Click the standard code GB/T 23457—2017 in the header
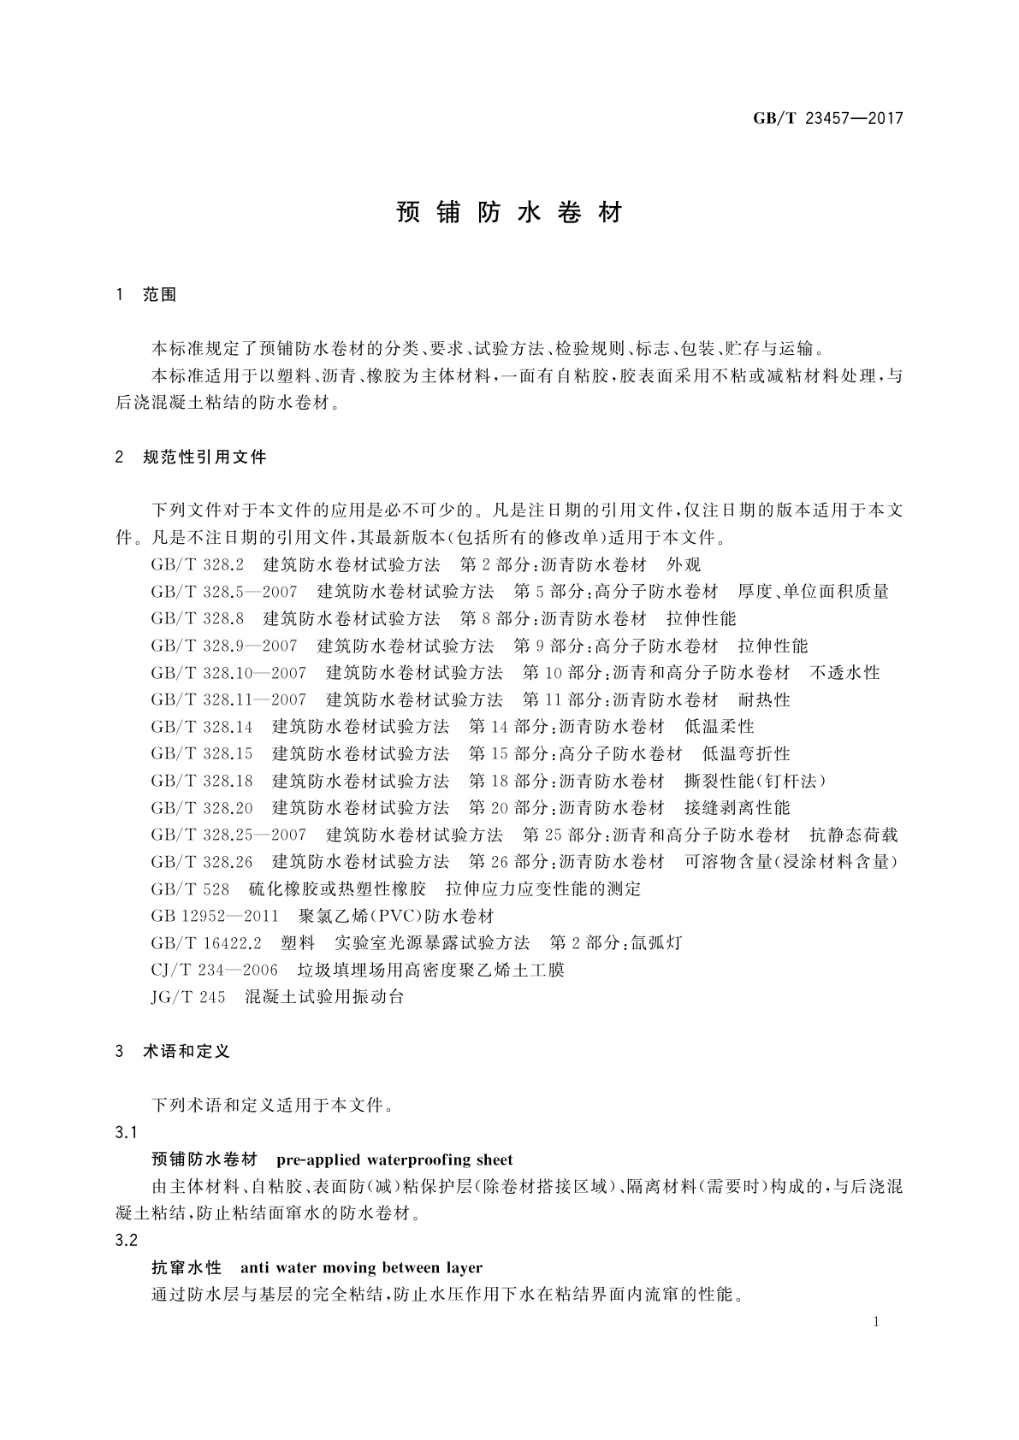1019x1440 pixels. tap(827, 119)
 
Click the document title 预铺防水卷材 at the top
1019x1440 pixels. tap(510, 213)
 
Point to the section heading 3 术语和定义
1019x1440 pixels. tap(173, 1052)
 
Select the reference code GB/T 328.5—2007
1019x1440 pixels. tap(224, 592)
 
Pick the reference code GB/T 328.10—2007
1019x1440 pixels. tap(228, 673)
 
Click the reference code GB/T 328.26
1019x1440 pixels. tap(202, 862)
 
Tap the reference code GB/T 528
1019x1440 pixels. tap(190, 889)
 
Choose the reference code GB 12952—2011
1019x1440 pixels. tap(215, 917)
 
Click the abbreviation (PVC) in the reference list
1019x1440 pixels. tap(390, 917)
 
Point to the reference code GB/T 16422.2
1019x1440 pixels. tap(206, 943)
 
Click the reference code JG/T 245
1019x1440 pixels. tap(188, 997)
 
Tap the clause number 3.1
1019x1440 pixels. tap(126, 1133)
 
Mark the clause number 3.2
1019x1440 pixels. tap(126, 1241)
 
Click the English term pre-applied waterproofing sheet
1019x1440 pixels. tap(395, 1160)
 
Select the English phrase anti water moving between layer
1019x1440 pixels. tap(362, 1268)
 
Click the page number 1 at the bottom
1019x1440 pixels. tap(877, 1322)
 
